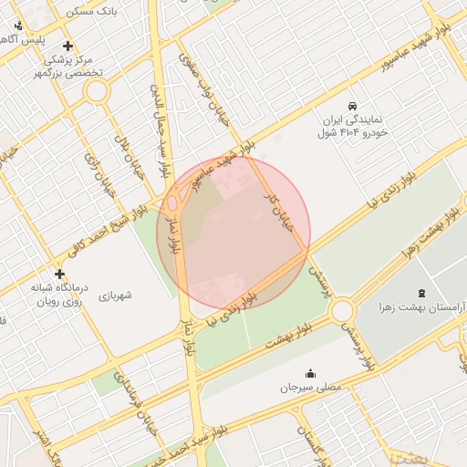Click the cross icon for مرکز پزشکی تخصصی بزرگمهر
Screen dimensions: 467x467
tap(67, 46)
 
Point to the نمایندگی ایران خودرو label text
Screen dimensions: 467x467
tap(354, 126)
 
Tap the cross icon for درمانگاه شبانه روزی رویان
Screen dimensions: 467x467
tap(60, 274)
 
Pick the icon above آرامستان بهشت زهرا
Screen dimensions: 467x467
tap(420, 293)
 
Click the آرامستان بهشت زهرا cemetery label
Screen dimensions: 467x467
tap(420, 311)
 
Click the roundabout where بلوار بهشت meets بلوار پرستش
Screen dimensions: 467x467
tap(343, 312)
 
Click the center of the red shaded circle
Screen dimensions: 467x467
tap(233, 232)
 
